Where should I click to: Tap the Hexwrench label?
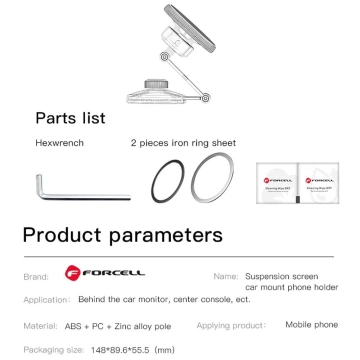click(x=57, y=143)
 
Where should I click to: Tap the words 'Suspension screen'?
click(x=289, y=273)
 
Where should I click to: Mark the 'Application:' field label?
click(x=45, y=298)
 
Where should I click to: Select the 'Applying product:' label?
click(x=231, y=325)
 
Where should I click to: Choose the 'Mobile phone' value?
click(x=311, y=325)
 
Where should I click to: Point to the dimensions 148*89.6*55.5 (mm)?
click(x=128, y=351)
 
